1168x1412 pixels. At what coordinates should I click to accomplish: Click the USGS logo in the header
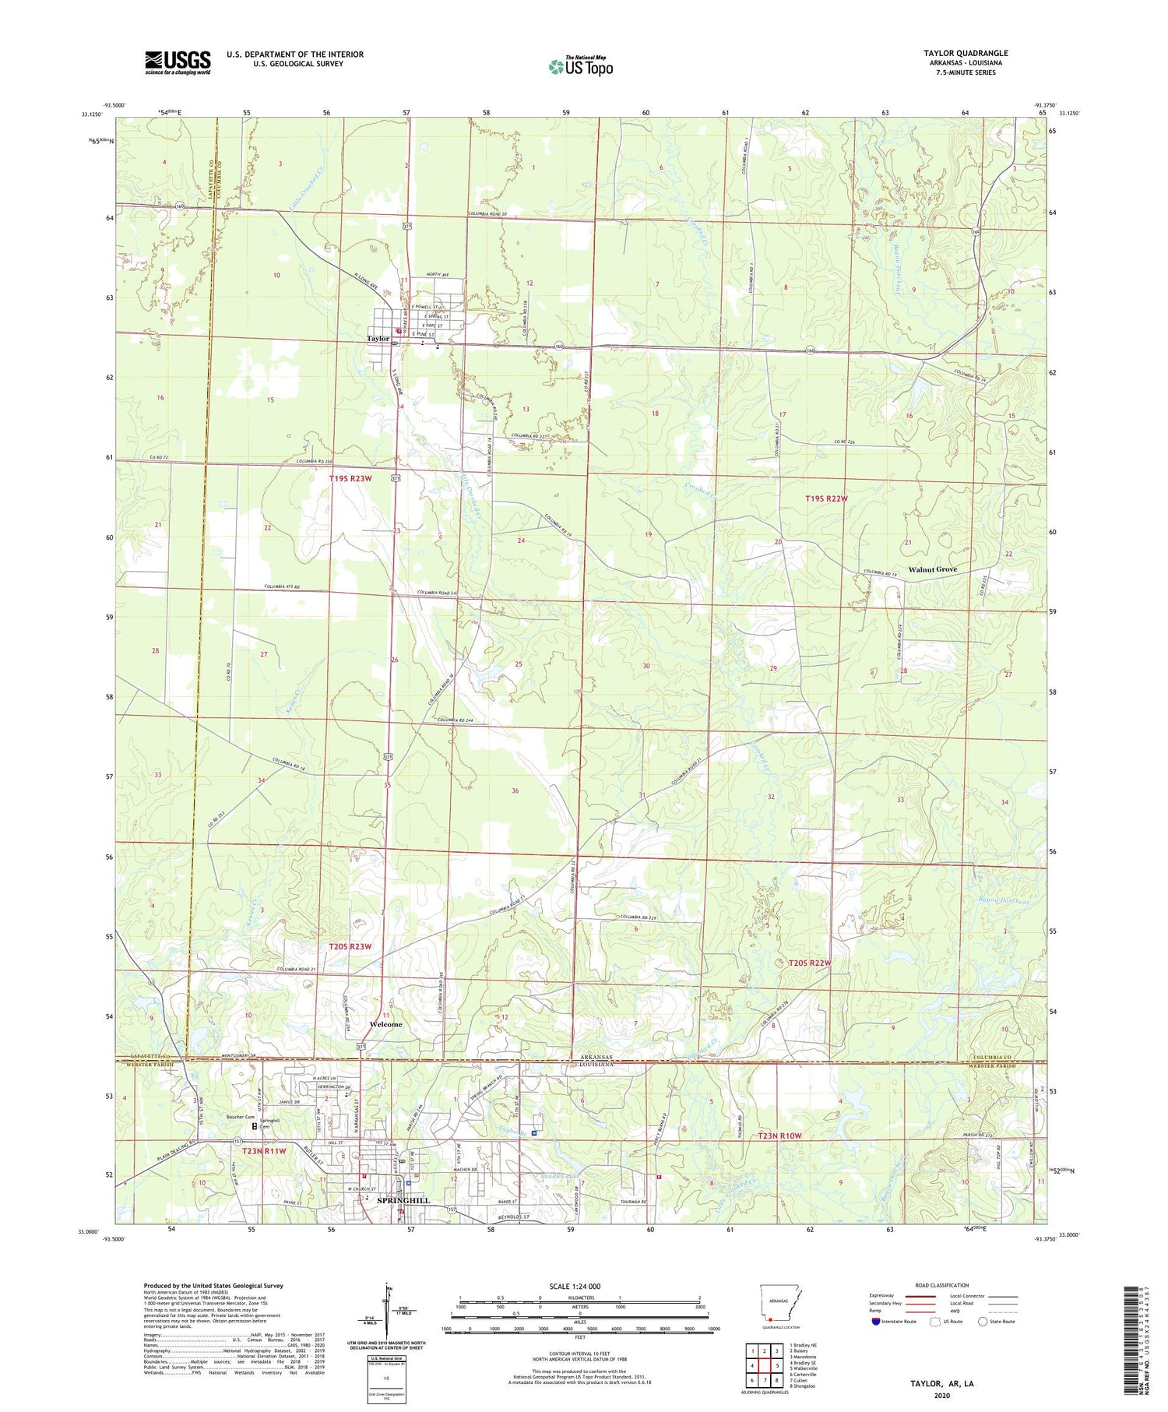click(178, 62)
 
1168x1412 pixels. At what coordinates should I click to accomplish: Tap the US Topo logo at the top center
click(580, 67)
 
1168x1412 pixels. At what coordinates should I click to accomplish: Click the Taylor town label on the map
click(378, 339)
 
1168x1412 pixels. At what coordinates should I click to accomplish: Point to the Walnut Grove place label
click(933, 569)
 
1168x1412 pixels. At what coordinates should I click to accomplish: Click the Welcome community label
click(385, 1024)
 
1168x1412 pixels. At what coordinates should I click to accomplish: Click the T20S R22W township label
click(805, 963)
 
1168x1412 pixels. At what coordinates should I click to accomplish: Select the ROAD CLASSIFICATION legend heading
click(942, 1285)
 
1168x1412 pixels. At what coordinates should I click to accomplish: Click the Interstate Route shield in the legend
click(876, 1322)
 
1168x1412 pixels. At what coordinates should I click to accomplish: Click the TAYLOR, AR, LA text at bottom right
click(942, 1383)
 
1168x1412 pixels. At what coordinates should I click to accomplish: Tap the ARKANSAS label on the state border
click(596, 1058)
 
